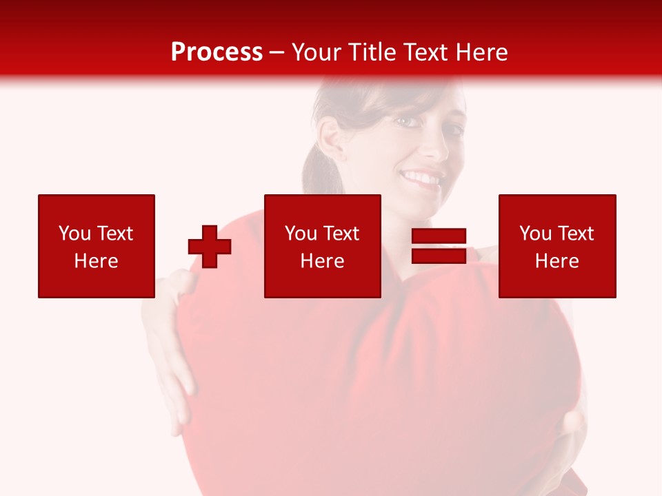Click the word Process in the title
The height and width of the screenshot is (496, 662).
tap(217, 52)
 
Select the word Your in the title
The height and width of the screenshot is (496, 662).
tap(317, 52)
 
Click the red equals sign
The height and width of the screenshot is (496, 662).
tap(439, 246)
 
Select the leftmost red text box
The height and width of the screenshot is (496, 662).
tap(97, 246)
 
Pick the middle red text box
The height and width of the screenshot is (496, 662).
tap(322, 246)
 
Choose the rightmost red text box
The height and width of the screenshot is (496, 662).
tap(557, 246)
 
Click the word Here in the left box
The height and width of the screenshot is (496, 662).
tap(96, 261)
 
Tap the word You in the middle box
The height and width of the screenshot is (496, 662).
tap(301, 234)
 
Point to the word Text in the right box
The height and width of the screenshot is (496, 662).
tap(575, 234)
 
